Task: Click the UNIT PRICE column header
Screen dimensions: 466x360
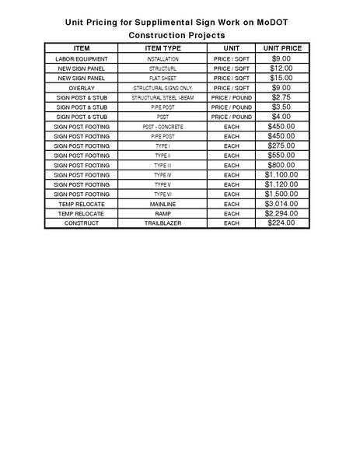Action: tap(281, 48)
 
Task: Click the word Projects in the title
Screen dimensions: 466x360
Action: tap(204, 36)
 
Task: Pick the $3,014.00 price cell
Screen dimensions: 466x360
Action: tap(281, 204)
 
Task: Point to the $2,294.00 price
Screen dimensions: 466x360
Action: tap(281, 213)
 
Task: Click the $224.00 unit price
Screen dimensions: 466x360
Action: tap(281, 223)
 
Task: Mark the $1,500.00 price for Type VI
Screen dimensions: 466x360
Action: tap(281, 194)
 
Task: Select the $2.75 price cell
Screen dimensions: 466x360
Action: tap(281, 97)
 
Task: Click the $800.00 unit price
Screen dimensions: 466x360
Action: tap(281, 165)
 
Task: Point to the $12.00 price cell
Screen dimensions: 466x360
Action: tap(281, 68)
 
